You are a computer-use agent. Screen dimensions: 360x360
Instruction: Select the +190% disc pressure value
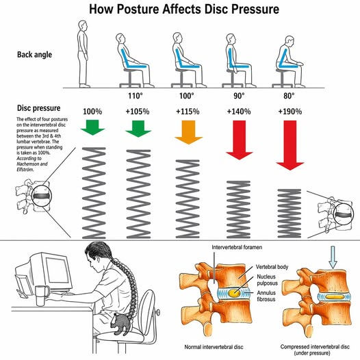click(x=290, y=112)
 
